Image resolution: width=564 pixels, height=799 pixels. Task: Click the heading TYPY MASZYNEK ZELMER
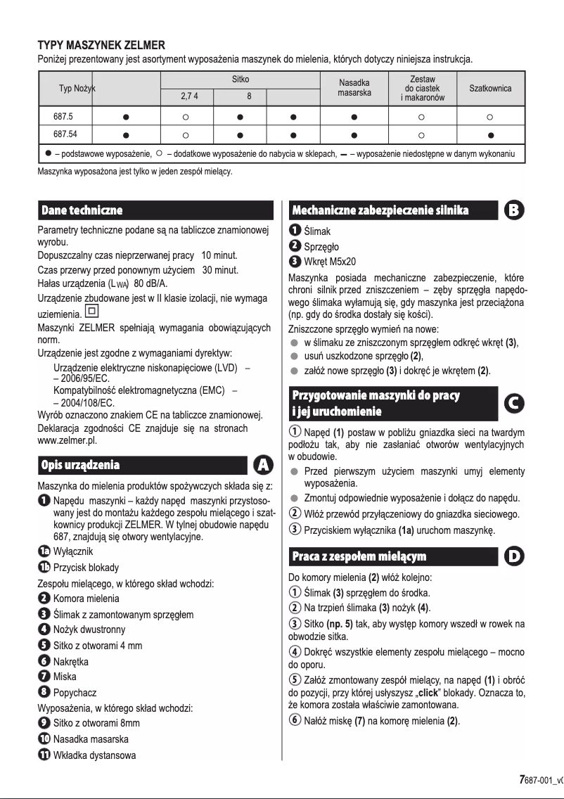click(101, 45)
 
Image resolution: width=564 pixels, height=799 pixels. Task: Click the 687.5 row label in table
click(63, 114)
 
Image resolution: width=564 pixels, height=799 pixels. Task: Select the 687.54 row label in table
click(65, 133)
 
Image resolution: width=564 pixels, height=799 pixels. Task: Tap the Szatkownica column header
click(490, 89)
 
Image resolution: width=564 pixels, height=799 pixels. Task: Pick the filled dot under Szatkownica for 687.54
click(490, 134)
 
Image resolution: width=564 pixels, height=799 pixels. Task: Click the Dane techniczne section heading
click(82, 210)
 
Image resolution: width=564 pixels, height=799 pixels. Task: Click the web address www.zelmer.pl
click(67, 440)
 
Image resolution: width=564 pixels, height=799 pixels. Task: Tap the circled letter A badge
click(263, 465)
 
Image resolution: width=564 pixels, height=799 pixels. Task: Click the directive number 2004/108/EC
click(82, 402)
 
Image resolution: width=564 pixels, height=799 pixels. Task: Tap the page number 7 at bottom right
click(521, 779)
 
